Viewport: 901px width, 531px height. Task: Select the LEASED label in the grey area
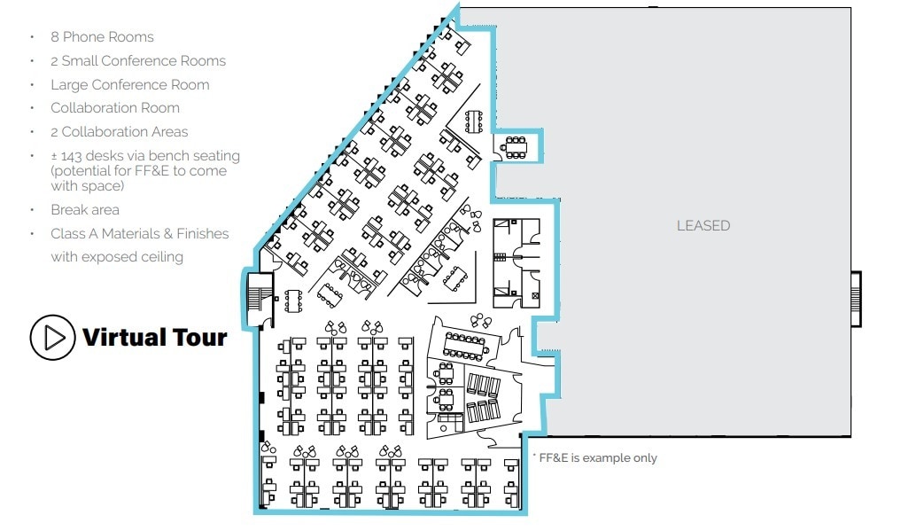tap(703, 225)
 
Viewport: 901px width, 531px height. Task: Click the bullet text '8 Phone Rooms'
tap(102, 37)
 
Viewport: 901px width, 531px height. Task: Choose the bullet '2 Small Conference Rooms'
tap(138, 61)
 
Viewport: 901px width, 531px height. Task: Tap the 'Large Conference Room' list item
tap(130, 85)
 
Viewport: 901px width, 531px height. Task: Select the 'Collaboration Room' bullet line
tap(115, 108)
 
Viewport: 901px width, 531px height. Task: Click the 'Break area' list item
tap(85, 210)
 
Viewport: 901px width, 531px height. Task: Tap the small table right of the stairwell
tap(295, 301)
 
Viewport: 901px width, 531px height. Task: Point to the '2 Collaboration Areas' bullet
tap(120, 132)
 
